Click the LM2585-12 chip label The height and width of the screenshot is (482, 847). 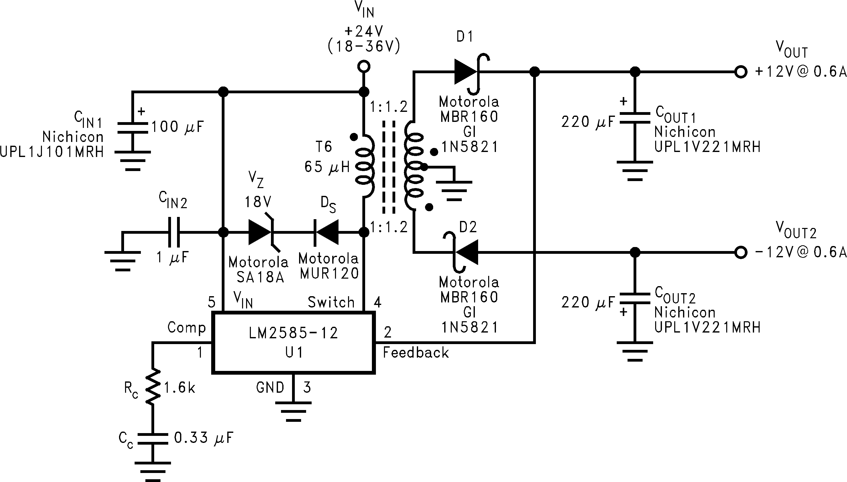click(x=293, y=333)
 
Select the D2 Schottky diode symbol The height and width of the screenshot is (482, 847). click(x=466, y=252)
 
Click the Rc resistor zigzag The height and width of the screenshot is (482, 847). click(x=153, y=386)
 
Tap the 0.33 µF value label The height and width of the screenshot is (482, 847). click(x=203, y=438)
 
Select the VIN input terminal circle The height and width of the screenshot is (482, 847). click(x=364, y=66)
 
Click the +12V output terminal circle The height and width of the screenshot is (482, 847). click(x=740, y=72)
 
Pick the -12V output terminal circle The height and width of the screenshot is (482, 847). click(x=740, y=253)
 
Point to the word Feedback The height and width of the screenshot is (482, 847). click(x=416, y=353)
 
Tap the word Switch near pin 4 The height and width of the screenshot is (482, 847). click(x=331, y=302)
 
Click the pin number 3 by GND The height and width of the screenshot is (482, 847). click(x=307, y=387)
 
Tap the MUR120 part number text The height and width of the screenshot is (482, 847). click(x=329, y=273)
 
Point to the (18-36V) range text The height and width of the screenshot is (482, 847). click(x=364, y=46)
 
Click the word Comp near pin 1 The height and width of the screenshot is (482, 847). click(x=187, y=328)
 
